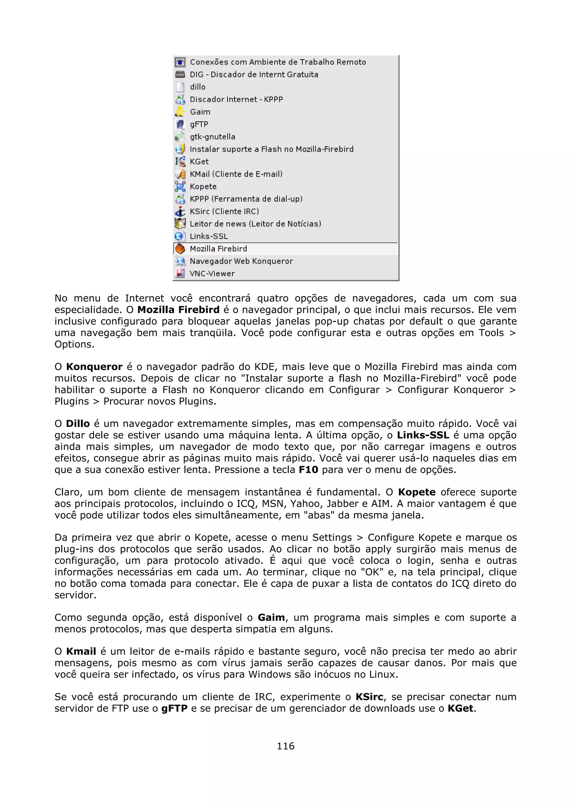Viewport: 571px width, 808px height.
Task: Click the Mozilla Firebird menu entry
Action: [x=218, y=249]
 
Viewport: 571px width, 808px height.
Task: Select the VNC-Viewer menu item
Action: [x=212, y=274]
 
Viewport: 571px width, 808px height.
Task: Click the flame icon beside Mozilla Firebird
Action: [x=180, y=249]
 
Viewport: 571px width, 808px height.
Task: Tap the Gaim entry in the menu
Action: [x=200, y=112]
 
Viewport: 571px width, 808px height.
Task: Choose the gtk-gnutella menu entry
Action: [x=212, y=137]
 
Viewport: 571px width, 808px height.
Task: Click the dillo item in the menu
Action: [x=197, y=87]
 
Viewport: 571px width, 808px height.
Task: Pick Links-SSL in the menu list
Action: [x=209, y=236]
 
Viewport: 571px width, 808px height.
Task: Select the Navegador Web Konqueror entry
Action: [x=241, y=261]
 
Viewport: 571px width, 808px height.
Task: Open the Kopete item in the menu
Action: [x=203, y=187]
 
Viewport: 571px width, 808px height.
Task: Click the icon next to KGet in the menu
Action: [x=180, y=161]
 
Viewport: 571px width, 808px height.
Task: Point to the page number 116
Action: [x=285, y=746]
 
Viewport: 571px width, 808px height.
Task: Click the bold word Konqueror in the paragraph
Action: [x=94, y=367]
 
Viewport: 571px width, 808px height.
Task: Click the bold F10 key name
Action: [x=308, y=470]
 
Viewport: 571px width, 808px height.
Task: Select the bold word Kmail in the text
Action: [x=81, y=651]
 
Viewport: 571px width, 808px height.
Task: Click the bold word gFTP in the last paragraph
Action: [x=174, y=708]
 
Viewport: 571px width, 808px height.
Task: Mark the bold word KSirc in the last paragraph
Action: [x=369, y=697]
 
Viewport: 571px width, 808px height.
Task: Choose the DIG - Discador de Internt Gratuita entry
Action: [x=254, y=75]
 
